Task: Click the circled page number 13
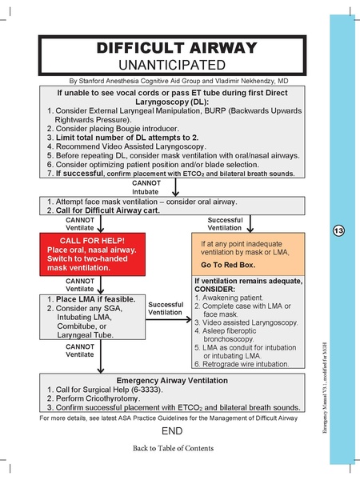tap(338, 231)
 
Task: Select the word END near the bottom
tap(172, 431)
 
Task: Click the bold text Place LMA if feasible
tap(98, 299)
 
